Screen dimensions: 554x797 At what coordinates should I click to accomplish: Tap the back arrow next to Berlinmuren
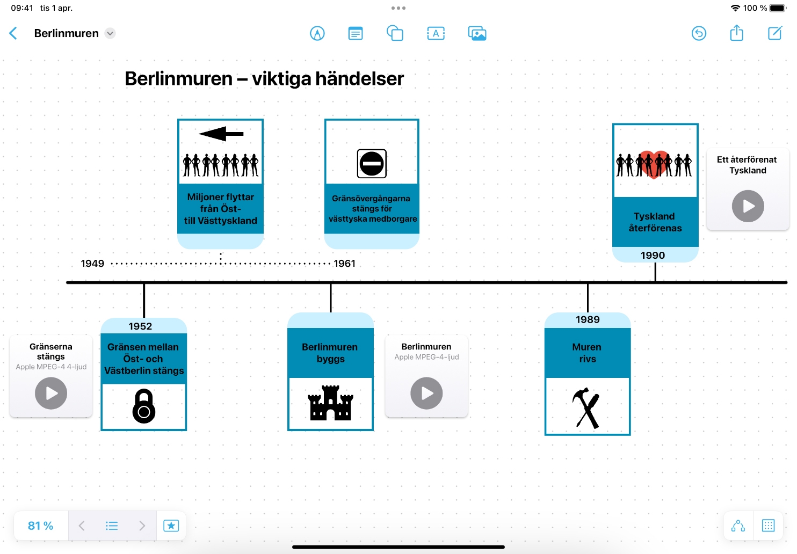tap(13, 33)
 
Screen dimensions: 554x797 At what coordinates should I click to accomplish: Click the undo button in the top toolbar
tap(699, 33)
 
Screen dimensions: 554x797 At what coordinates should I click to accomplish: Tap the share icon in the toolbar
tap(736, 33)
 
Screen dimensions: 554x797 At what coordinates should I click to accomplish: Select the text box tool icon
tap(436, 33)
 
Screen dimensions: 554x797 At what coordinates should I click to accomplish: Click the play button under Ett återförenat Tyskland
tap(748, 206)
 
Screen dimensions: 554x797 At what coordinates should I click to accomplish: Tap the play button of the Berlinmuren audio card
tap(426, 393)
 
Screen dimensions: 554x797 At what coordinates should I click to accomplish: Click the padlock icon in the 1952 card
tap(144, 406)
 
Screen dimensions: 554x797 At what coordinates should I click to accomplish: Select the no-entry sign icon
tap(372, 163)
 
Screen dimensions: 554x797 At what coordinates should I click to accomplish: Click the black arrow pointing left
tap(221, 134)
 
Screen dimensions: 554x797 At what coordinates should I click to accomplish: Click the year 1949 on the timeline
tap(92, 264)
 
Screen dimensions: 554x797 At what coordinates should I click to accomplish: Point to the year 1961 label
tap(344, 264)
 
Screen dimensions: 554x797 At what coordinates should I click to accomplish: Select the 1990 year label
tap(653, 256)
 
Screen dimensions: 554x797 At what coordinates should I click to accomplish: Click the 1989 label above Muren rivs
tap(588, 320)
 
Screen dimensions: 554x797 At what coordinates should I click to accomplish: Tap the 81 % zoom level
tap(41, 526)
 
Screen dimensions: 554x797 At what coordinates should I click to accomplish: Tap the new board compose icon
tap(774, 33)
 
